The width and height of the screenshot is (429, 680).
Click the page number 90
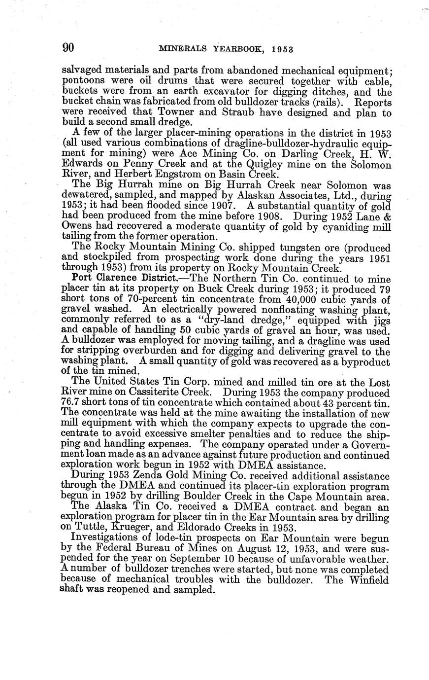pos(68,48)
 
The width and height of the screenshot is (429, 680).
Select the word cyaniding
pos(323,226)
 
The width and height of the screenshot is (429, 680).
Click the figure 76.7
pos(73,403)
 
